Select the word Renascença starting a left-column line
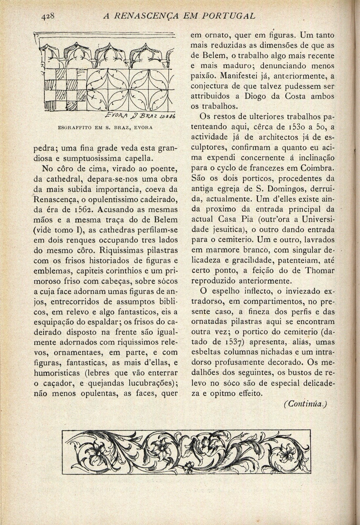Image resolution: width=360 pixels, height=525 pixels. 52,199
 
